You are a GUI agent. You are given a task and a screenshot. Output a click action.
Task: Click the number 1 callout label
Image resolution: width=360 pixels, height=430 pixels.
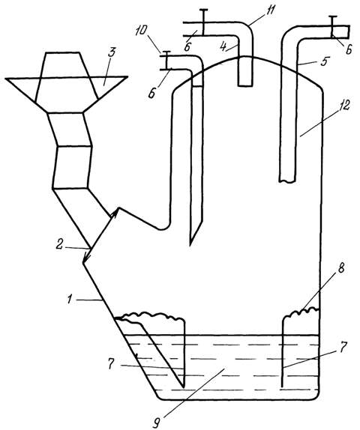click(x=70, y=300)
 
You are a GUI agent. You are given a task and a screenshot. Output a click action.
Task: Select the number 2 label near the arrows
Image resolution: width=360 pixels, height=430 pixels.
click(x=59, y=244)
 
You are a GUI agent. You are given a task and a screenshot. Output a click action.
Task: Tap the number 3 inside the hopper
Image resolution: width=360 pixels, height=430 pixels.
click(x=111, y=53)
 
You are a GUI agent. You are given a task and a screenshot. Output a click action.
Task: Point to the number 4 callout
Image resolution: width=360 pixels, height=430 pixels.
click(x=223, y=46)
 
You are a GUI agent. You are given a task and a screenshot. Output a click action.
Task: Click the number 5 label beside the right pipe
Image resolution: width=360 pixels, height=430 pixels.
click(x=323, y=61)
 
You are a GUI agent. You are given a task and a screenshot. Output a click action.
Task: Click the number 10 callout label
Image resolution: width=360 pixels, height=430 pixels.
click(x=142, y=31)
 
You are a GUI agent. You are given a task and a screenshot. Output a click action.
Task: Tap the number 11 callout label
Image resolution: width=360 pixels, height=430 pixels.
click(x=256, y=12)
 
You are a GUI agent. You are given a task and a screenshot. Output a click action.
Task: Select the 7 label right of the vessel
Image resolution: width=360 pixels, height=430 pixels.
click(x=343, y=347)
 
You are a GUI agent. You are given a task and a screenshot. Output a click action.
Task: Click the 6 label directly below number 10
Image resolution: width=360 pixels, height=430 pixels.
click(x=151, y=93)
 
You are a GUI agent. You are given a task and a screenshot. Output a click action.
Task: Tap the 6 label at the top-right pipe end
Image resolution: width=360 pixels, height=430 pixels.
click(x=348, y=50)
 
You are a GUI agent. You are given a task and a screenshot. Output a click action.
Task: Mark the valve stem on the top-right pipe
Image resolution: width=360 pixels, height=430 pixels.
click(x=332, y=26)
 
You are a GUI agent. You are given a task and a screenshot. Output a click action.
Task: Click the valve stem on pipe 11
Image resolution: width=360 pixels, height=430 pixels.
click(x=203, y=22)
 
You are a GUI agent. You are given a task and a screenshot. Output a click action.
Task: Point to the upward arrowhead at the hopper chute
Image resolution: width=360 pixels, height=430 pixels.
click(x=115, y=213)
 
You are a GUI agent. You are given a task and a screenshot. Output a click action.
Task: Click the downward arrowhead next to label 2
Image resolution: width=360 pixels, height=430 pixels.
click(x=87, y=257)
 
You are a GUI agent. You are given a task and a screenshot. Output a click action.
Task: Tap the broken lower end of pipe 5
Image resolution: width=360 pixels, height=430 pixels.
click(x=287, y=181)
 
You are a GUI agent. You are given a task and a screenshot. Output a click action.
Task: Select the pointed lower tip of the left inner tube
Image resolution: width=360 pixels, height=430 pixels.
click(x=190, y=245)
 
